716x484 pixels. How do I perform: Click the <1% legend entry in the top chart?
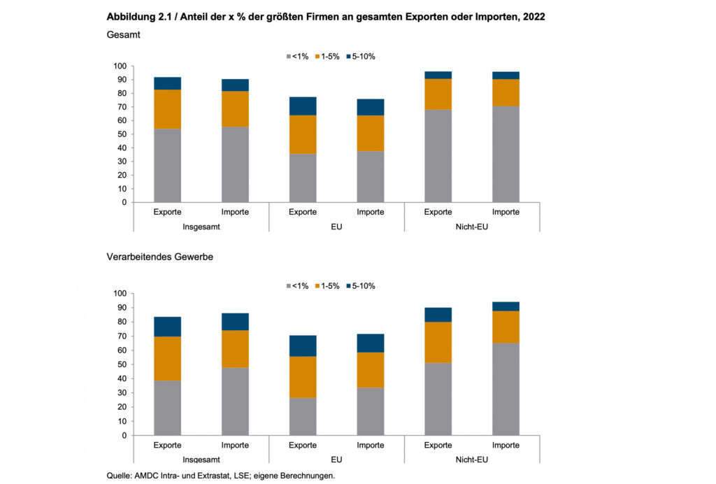[x=296, y=56]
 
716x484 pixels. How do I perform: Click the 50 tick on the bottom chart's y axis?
[x=121, y=364]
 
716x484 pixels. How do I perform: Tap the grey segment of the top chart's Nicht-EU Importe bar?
[x=506, y=154]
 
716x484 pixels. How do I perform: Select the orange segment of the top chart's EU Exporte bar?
[x=303, y=134]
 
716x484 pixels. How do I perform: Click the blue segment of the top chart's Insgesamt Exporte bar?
[x=168, y=83]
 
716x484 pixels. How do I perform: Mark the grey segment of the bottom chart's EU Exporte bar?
[x=303, y=416]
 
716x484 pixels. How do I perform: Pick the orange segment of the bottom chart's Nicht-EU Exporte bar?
[x=438, y=342]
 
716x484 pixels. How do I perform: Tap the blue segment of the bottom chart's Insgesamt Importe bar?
[x=235, y=321]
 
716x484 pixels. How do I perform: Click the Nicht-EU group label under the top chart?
[x=472, y=227]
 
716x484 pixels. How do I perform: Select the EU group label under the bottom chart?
[x=336, y=460]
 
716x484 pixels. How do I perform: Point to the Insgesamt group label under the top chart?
[x=201, y=227]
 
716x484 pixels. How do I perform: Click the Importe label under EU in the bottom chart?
[x=370, y=446]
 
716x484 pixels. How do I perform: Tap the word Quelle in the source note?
[x=120, y=476]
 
